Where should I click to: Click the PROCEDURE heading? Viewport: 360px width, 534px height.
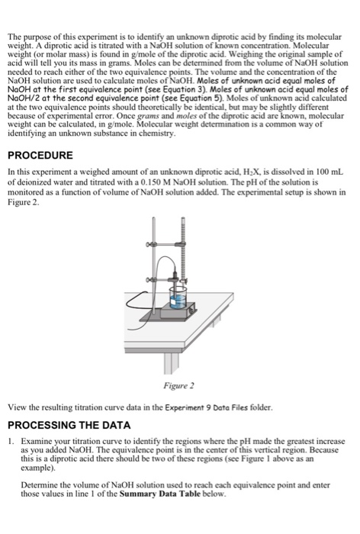[x=40, y=156]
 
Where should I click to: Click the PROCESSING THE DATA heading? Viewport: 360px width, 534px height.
[x=69, y=426]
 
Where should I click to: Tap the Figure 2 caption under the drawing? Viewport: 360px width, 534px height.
[x=178, y=385]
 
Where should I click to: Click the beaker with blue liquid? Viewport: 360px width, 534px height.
[x=178, y=298]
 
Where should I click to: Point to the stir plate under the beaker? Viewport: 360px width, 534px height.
[x=178, y=310]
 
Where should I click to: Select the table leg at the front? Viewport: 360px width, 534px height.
[x=172, y=363]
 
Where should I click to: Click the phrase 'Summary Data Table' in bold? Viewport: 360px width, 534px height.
[x=159, y=494]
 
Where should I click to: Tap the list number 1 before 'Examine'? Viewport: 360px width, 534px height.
[x=11, y=442]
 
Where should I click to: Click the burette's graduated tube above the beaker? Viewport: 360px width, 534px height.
[x=183, y=249]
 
